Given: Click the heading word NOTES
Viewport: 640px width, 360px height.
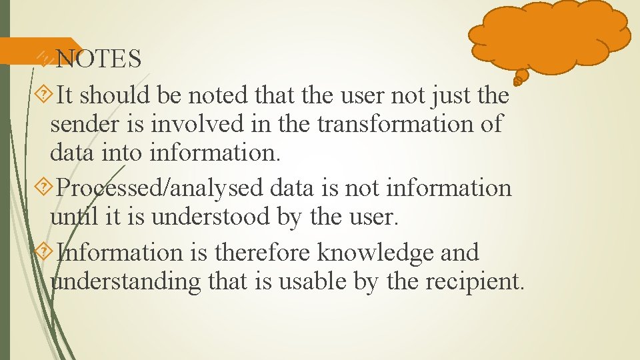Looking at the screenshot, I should click(x=99, y=59).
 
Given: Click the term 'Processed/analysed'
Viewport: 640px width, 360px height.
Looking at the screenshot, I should click(x=160, y=189).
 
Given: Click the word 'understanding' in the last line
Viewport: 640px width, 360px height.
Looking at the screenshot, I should click(x=126, y=282).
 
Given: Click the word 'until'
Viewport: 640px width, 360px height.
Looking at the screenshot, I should click(x=70, y=217).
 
